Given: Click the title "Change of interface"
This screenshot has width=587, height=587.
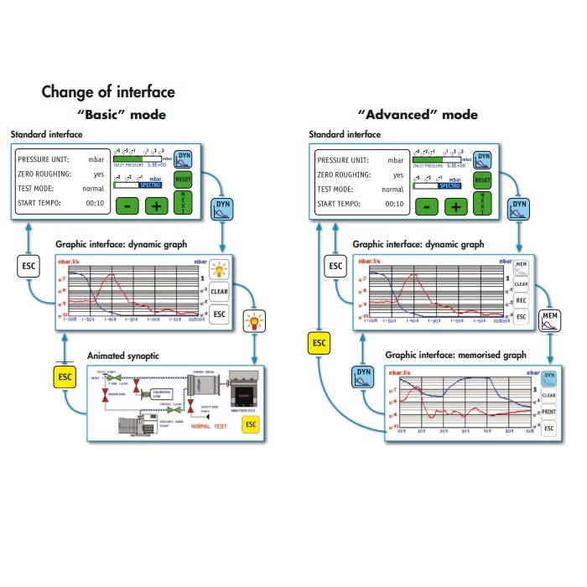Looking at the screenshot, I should pyautogui.click(x=108, y=91).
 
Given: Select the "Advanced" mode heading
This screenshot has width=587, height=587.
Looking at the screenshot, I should pyautogui.click(x=418, y=114).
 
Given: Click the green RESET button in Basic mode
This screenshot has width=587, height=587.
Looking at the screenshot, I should pyautogui.click(x=184, y=179).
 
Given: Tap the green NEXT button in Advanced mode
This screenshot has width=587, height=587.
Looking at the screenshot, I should pyautogui.click(x=482, y=203).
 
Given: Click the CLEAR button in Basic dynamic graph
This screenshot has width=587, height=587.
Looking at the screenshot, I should pyautogui.click(x=219, y=292).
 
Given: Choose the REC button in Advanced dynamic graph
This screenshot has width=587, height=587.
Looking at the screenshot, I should pyautogui.click(x=521, y=300).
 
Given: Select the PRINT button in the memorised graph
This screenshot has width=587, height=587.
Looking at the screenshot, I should pyautogui.click(x=549, y=411).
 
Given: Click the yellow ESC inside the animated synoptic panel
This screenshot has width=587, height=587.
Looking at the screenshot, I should pyautogui.click(x=249, y=424).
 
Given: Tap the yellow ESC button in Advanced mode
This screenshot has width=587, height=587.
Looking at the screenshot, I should pyautogui.click(x=319, y=342).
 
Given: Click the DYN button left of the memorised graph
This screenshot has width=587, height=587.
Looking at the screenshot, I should pyautogui.click(x=363, y=376).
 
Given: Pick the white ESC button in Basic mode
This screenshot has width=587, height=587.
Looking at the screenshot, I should pyautogui.click(x=29, y=267).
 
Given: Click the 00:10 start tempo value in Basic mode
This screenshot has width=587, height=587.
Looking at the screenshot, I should pyautogui.click(x=93, y=204).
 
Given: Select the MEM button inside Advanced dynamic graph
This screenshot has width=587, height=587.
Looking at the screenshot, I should pyautogui.click(x=521, y=267).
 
